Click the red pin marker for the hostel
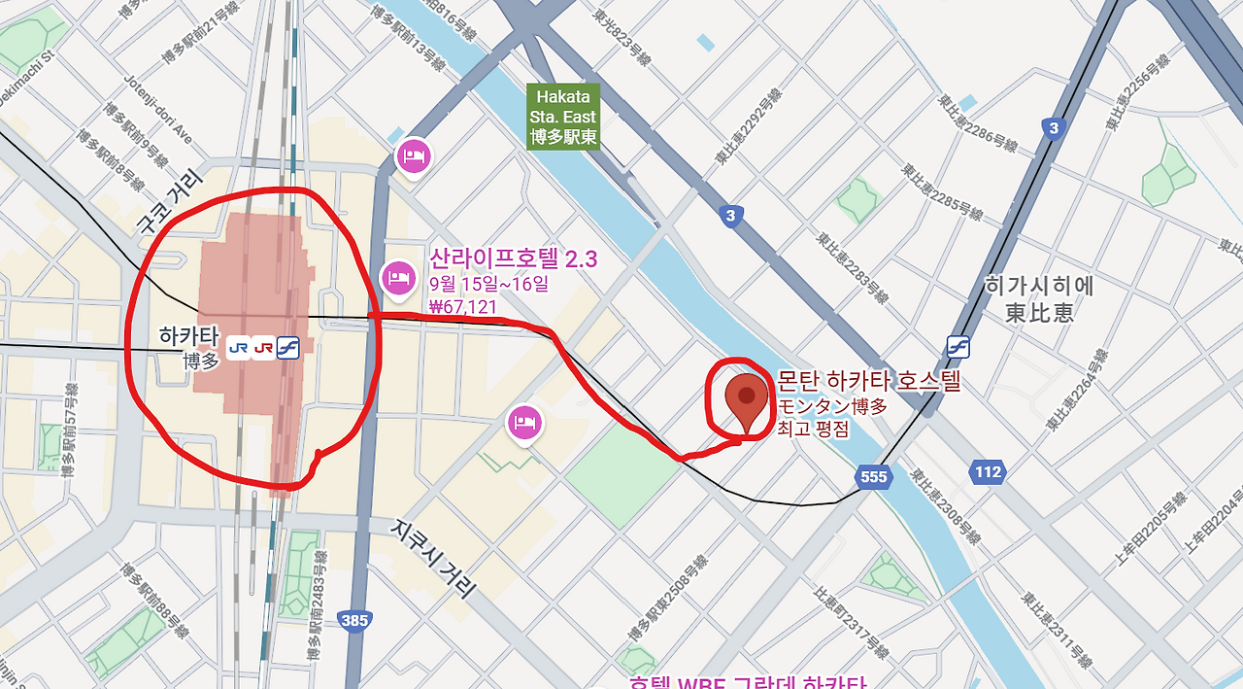click(x=746, y=399)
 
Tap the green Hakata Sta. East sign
click(x=563, y=117)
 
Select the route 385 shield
click(x=355, y=620)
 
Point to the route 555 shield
click(x=873, y=476)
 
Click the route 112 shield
click(x=987, y=472)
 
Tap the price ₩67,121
click(x=463, y=307)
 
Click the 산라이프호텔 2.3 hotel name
click(x=513, y=258)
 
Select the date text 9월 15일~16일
click(x=488, y=285)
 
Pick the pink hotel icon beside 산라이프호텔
click(x=396, y=278)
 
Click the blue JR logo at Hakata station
click(x=238, y=348)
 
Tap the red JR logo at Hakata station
click(x=262, y=348)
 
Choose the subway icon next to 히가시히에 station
click(x=959, y=346)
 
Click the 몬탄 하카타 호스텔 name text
click(x=869, y=381)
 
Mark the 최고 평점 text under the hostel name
click(x=813, y=429)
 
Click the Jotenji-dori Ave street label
click(x=158, y=112)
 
